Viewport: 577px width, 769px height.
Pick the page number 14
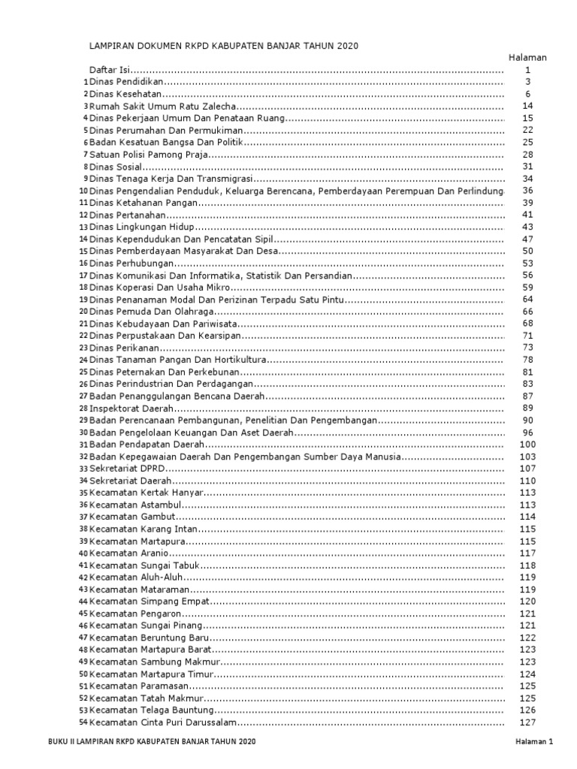pyautogui.click(x=528, y=107)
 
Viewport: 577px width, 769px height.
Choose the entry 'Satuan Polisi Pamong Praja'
pyautogui.click(x=148, y=155)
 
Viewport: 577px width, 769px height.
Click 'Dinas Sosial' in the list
pyautogui.click(x=115, y=167)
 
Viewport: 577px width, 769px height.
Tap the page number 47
pyautogui.click(x=528, y=239)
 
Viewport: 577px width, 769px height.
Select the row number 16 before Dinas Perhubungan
pyautogui.click(x=84, y=264)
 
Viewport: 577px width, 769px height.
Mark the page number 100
pyautogui.click(x=528, y=445)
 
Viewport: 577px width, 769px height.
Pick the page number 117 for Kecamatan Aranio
pyautogui.click(x=528, y=553)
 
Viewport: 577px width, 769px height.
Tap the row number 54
pyautogui.click(x=84, y=722)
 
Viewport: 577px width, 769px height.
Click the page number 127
pyautogui.click(x=528, y=722)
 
